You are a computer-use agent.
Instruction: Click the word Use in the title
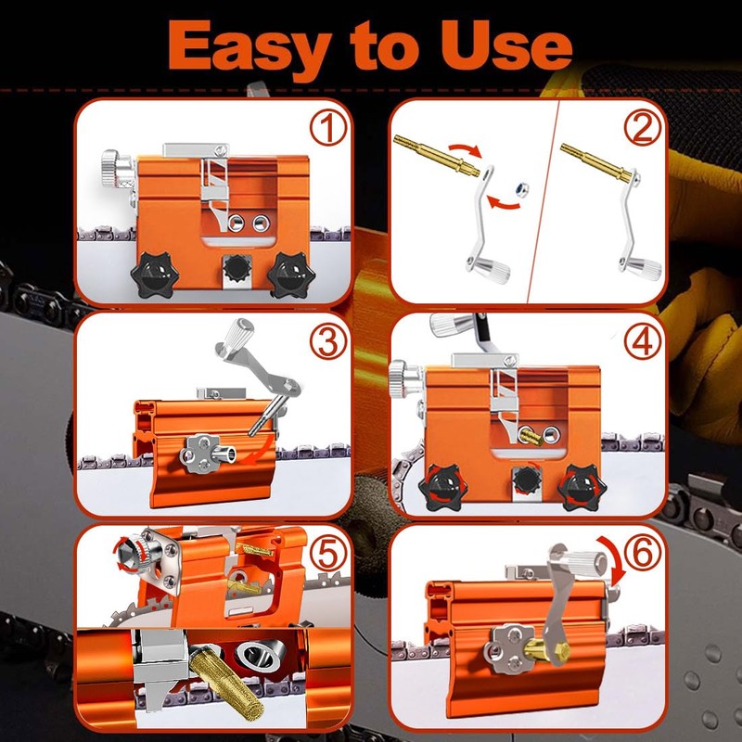(x=506, y=45)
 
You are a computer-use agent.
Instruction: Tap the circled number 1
(x=328, y=128)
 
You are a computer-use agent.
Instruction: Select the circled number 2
(x=642, y=128)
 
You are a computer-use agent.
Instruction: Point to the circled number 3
(x=328, y=341)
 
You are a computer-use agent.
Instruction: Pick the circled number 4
(x=642, y=341)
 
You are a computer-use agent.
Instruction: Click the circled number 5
(x=328, y=553)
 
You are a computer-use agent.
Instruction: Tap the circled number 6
(x=642, y=553)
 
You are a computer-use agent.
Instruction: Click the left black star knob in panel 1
(x=155, y=275)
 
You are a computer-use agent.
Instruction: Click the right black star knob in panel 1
(x=291, y=275)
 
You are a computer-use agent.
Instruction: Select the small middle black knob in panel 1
(x=237, y=268)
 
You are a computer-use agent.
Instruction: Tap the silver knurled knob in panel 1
(x=111, y=169)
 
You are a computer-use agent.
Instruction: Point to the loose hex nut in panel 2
(x=521, y=189)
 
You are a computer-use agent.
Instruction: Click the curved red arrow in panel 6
(x=615, y=557)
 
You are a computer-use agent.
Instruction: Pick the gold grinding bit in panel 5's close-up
(x=227, y=682)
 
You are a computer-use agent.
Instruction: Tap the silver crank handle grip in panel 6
(x=587, y=562)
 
